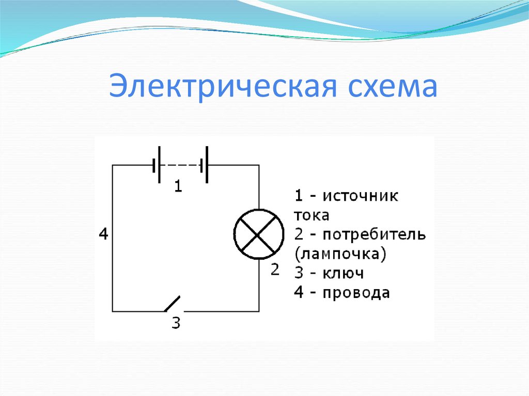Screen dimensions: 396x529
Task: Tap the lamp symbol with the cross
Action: [258, 234]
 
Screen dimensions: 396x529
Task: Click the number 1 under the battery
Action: [178, 186]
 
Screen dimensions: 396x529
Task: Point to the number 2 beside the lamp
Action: [274, 269]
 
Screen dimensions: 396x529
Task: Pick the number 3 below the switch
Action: [176, 324]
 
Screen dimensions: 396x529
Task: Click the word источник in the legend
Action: [361, 196]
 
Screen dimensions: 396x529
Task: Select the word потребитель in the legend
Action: [375, 235]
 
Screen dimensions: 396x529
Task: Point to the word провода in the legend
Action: [356, 293]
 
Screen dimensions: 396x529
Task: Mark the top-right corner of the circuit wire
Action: [258, 165]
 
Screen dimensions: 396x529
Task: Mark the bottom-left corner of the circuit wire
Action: [113, 311]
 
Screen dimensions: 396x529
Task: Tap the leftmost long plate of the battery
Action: [160, 165]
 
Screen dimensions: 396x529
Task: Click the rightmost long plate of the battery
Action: [207, 165]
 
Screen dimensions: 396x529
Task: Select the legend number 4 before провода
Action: [299, 293]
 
